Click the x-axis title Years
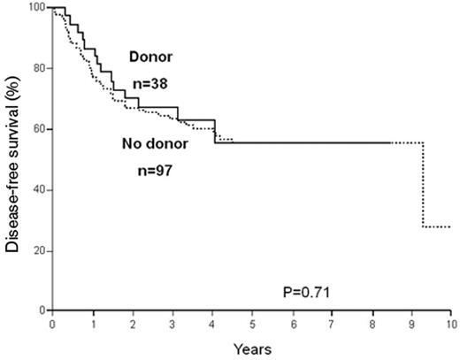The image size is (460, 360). [x=251, y=349]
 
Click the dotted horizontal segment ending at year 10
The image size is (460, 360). [x=437, y=226]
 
